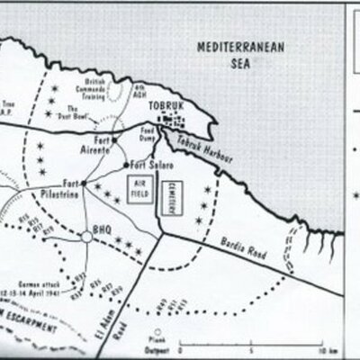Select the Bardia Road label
pyautogui.click(x=238, y=243)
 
